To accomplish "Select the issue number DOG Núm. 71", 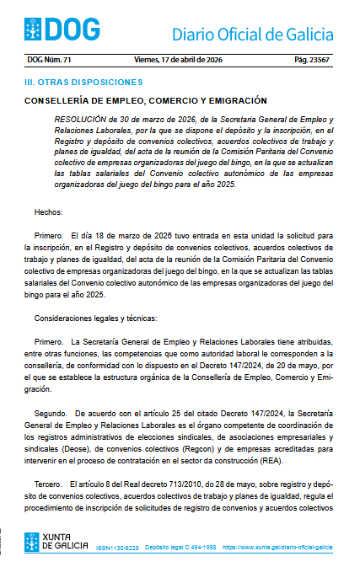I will coord(50,60).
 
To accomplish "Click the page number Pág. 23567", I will coord(314,60).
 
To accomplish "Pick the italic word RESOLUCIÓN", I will coord(81,120).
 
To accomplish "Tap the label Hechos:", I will coord(50,211).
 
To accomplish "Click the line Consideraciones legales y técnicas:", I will coord(95,318).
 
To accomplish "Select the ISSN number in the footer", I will coord(117,548).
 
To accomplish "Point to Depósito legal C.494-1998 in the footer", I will coord(180,548).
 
